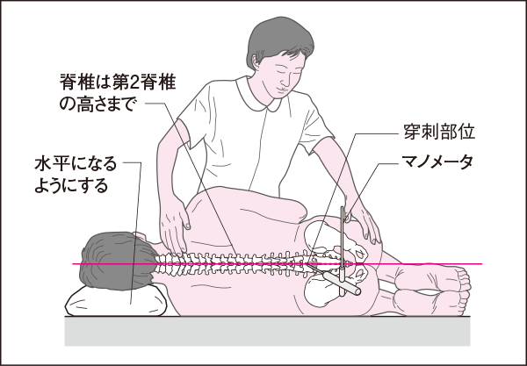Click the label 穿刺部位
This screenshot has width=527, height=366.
439,132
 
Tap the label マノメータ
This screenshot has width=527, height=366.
437,162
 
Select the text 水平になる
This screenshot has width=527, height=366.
76,164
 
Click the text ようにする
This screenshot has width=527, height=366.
71,186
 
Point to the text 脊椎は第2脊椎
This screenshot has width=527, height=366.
118,82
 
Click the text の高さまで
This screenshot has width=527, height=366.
99,104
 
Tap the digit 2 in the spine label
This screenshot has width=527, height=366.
134,83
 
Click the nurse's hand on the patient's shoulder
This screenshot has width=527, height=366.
173,232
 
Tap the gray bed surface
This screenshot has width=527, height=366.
267,331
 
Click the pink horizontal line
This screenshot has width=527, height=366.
278,264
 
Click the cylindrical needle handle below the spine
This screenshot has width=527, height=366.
341,283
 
